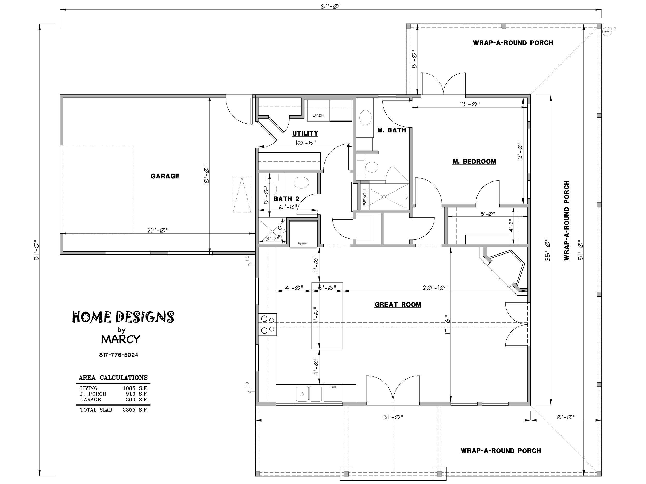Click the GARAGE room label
pyautogui.click(x=165, y=176)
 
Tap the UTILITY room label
pyautogui.click(x=305, y=133)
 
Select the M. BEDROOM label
pyautogui.click(x=474, y=161)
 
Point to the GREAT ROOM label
pyautogui.click(x=398, y=305)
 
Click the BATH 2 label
pyautogui.click(x=286, y=199)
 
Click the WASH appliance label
pyautogui.click(x=318, y=116)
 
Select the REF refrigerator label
pyautogui.click(x=302, y=244)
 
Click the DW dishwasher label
pyautogui.click(x=333, y=387)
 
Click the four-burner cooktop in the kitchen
pyautogui.click(x=267, y=324)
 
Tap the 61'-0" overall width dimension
pyautogui.click(x=331, y=6)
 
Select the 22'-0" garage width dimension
pyautogui.click(x=158, y=230)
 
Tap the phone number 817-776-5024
pyautogui.click(x=119, y=355)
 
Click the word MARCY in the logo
pyautogui.click(x=121, y=339)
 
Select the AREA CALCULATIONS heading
pyautogui.click(x=113, y=378)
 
